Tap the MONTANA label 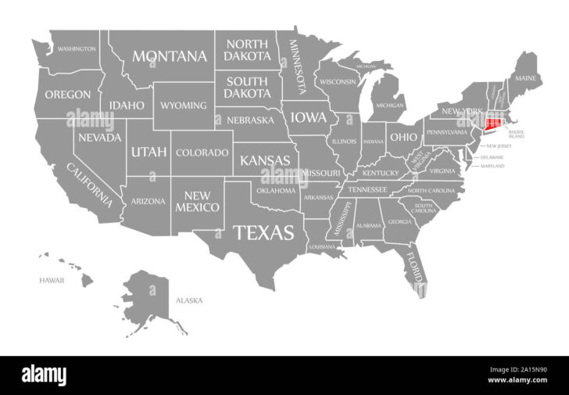(x=170, y=56)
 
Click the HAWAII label (x=52, y=279)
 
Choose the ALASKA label (x=189, y=300)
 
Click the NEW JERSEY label (x=499, y=146)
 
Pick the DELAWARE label (x=492, y=156)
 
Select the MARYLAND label (x=492, y=166)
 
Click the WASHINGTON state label (x=77, y=48)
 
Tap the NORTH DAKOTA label (x=247, y=50)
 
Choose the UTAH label (x=149, y=151)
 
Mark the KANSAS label (x=265, y=160)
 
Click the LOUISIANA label (x=321, y=246)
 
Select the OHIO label (x=404, y=136)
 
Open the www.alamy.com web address (x=521, y=382)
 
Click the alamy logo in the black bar (x=44, y=375)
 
